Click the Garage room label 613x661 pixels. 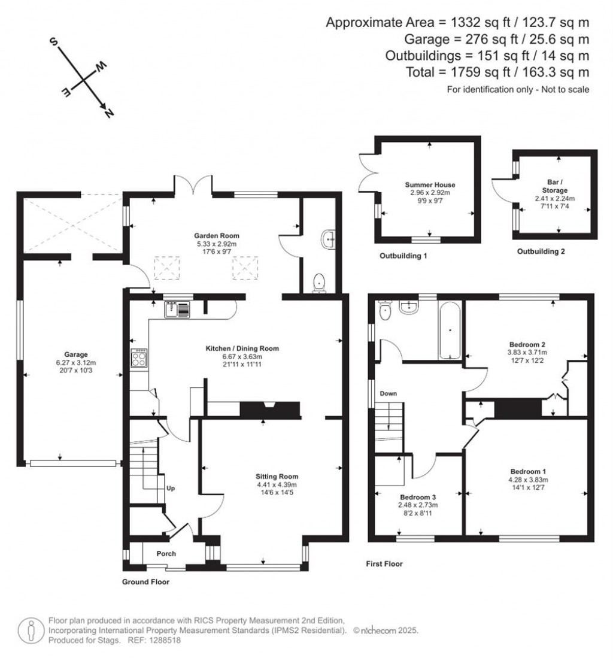point(76,354)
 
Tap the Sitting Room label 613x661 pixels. point(277,477)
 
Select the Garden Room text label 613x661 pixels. point(216,236)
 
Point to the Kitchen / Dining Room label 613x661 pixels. point(242,348)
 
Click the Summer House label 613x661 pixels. point(430,184)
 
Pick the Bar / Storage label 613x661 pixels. point(555,186)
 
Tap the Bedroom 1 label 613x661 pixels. point(528,471)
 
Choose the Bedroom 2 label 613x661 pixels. point(527,344)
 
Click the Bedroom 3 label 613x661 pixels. point(418,497)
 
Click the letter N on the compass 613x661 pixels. point(108,113)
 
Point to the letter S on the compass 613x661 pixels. point(54,41)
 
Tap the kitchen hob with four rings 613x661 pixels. point(139,358)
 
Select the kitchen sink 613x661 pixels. point(177,310)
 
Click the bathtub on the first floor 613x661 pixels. point(450,331)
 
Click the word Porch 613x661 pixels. point(166,553)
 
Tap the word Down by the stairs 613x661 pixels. point(389,393)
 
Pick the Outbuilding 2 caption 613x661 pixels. point(541,251)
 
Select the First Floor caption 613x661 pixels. point(384,563)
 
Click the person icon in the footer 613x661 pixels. point(31,630)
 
